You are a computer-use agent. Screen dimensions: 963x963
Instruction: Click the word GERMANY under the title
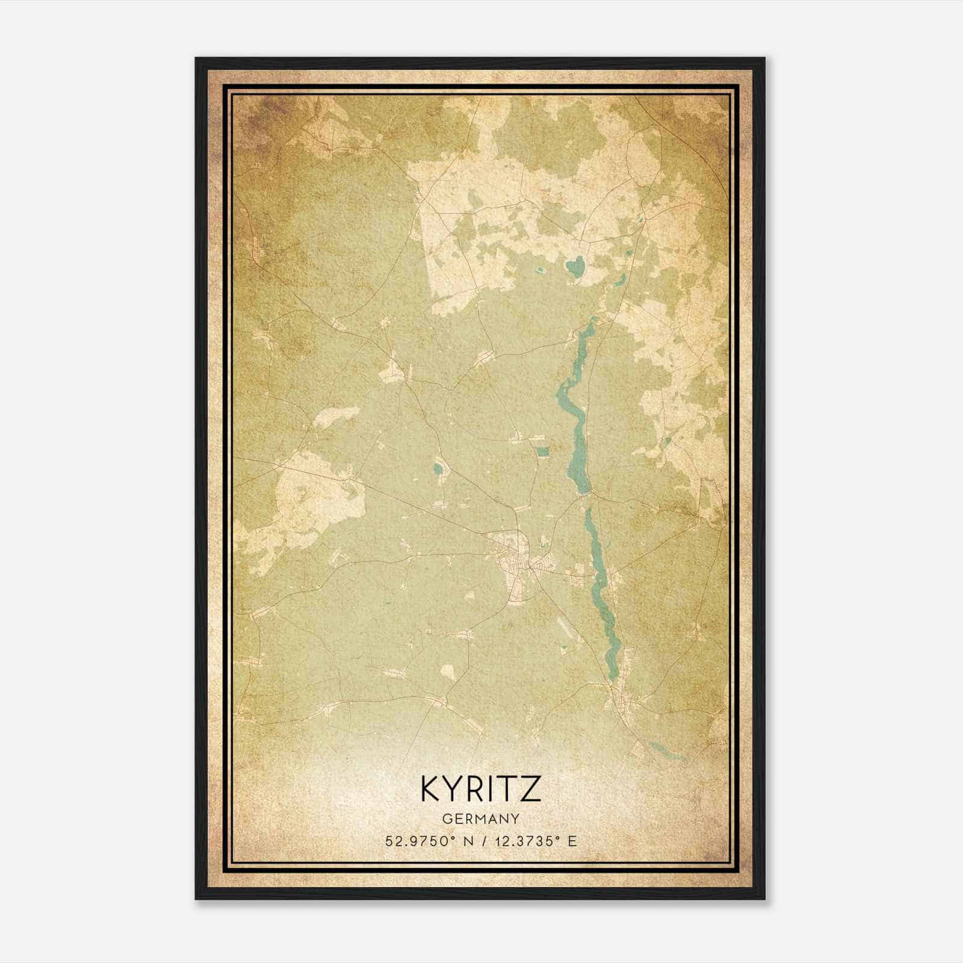(x=481, y=819)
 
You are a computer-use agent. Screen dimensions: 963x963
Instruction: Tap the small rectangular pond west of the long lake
(x=543, y=451)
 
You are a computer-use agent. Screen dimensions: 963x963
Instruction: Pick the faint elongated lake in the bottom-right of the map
(x=665, y=751)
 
